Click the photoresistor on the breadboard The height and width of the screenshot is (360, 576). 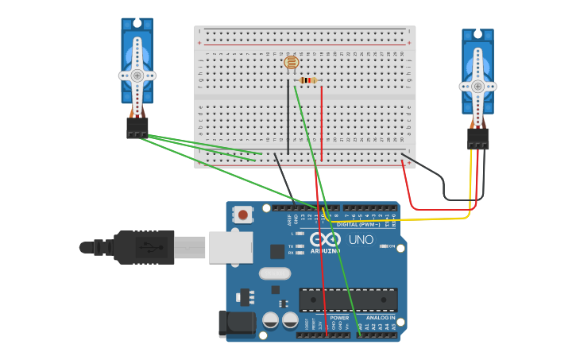(x=291, y=61)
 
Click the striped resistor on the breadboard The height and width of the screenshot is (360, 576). (x=308, y=79)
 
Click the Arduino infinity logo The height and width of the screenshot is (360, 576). (x=326, y=239)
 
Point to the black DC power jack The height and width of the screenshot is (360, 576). (x=236, y=323)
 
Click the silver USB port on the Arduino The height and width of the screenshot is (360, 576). (x=230, y=247)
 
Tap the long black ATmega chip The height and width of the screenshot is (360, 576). (x=348, y=300)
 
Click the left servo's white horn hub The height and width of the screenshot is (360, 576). (x=137, y=75)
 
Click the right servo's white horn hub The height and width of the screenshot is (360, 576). (x=477, y=86)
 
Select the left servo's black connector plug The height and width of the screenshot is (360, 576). (x=137, y=127)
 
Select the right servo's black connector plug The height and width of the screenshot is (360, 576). (x=477, y=138)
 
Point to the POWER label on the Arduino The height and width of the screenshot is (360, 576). (x=339, y=318)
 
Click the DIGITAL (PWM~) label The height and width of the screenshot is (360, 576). (x=359, y=224)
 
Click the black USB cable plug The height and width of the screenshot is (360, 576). (x=143, y=246)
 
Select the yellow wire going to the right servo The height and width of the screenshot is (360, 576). (x=413, y=217)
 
